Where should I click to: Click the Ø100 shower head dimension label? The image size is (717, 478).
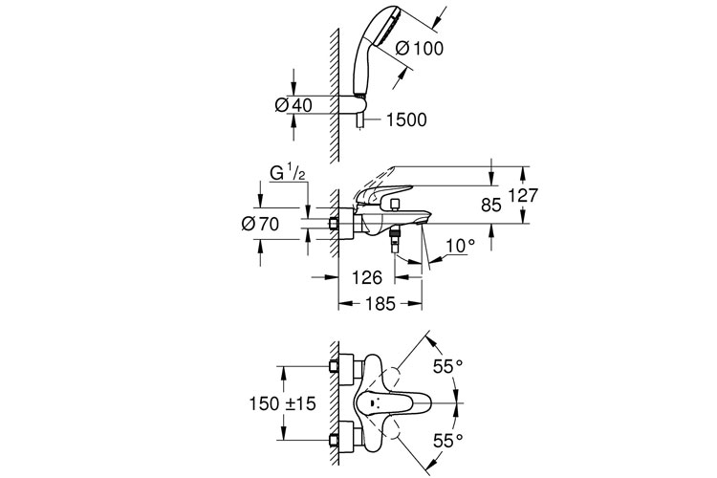click(x=420, y=48)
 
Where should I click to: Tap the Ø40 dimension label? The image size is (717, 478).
click(x=293, y=105)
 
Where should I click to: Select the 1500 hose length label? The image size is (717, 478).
click(x=406, y=119)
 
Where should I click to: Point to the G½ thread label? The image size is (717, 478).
click(x=288, y=174)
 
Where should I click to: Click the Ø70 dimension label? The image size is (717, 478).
click(x=261, y=224)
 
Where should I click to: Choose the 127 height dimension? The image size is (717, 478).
click(x=523, y=195)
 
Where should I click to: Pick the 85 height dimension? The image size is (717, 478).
click(x=491, y=206)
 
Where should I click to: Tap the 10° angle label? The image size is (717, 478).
click(x=461, y=246)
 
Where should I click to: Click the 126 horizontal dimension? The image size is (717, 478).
click(x=367, y=277)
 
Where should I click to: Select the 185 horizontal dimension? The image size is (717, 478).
click(x=380, y=303)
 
